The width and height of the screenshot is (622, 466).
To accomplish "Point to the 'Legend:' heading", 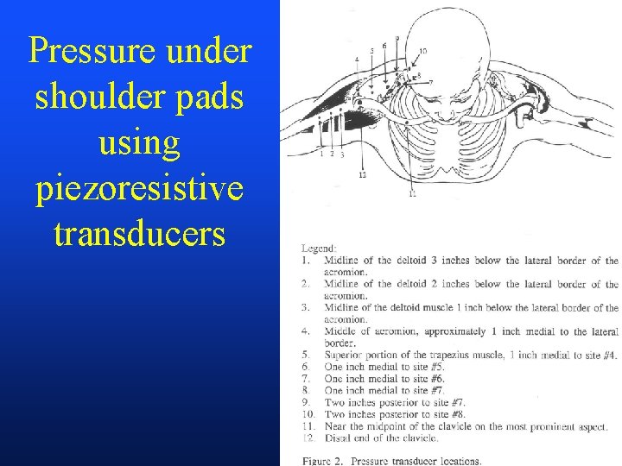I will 318,248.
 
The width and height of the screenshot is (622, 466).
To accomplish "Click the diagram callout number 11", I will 412,195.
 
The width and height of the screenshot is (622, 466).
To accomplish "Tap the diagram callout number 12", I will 362,175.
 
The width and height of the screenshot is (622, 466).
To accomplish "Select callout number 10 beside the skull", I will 422,51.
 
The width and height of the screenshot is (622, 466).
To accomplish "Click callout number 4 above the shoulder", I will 357,59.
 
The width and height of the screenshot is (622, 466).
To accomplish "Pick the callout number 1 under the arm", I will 322,154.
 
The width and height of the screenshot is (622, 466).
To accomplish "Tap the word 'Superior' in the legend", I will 348,354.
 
